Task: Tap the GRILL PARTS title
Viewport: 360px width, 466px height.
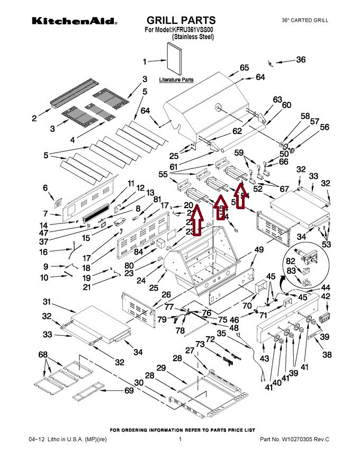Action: tap(181, 21)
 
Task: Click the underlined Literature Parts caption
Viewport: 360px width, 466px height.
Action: tap(176, 80)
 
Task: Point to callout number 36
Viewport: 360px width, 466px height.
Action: tap(300, 60)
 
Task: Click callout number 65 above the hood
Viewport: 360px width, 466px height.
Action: tap(244, 68)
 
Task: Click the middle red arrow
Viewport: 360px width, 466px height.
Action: tap(221, 208)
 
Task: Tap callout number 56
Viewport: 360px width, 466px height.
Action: tap(324, 127)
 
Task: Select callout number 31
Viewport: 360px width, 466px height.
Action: tap(47, 302)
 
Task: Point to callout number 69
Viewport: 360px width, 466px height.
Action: tap(128, 391)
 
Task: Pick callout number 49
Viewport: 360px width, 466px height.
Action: tap(258, 249)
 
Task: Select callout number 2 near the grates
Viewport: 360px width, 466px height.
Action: tap(34, 119)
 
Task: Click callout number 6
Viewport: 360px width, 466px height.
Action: tap(46, 187)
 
